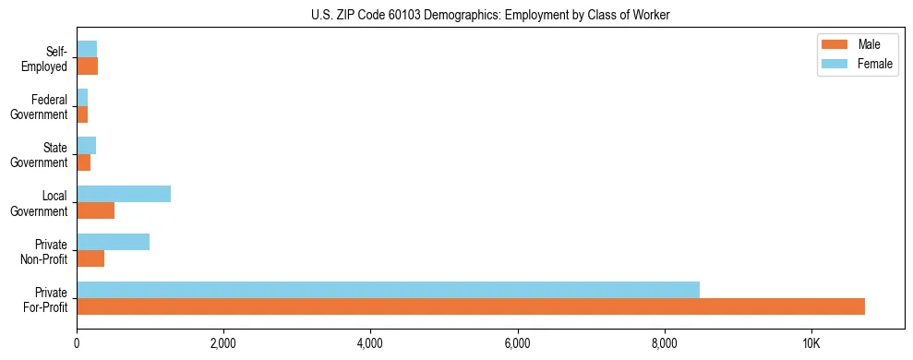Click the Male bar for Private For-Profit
pos(471,306)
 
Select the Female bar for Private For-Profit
pos(388,290)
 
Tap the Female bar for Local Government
pos(124,194)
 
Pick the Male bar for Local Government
pos(95,210)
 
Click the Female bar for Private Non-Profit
pos(113,242)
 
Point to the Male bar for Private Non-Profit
pos(90,258)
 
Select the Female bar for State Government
pos(86,146)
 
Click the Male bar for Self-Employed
pos(87,66)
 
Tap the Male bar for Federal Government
pos(82,114)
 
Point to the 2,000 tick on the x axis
pos(223,343)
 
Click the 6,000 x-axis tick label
pos(517,343)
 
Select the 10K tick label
pos(811,343)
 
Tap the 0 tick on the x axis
pos(77,343)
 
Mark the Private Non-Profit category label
pos(45,251)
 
